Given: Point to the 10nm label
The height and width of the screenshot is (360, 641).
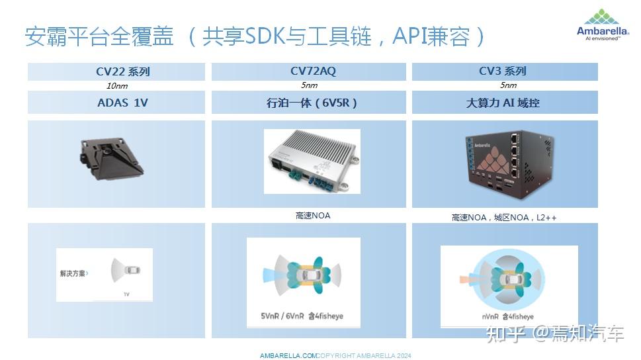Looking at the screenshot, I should (x=117, y=86).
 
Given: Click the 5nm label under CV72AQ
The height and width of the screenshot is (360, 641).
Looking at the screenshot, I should (x=309, y=85).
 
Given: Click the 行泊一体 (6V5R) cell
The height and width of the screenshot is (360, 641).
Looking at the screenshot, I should (x=308, y=103).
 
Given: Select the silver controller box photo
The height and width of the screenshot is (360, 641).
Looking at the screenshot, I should (x=312, y=161).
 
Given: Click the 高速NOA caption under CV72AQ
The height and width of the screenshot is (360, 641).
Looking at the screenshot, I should (x=313, y=216).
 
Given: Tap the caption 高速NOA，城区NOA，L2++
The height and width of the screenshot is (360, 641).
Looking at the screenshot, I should (x=503, y=217).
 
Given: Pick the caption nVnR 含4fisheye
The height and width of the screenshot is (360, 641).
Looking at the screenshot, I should (x=507, y=316).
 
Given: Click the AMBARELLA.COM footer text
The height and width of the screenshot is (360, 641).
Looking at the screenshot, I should (x=288, y=356).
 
